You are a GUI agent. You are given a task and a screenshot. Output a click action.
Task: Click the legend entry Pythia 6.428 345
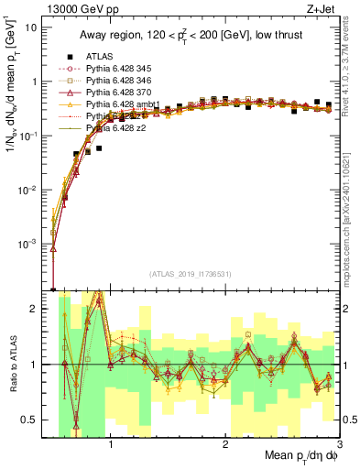pos(125,69)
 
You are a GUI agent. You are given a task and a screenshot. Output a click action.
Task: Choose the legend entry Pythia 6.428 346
pos(125,81)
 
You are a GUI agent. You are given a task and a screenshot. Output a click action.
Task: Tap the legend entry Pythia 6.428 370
pos(125,93)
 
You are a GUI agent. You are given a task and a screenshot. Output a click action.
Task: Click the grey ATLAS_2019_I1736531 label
pos(191,274)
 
